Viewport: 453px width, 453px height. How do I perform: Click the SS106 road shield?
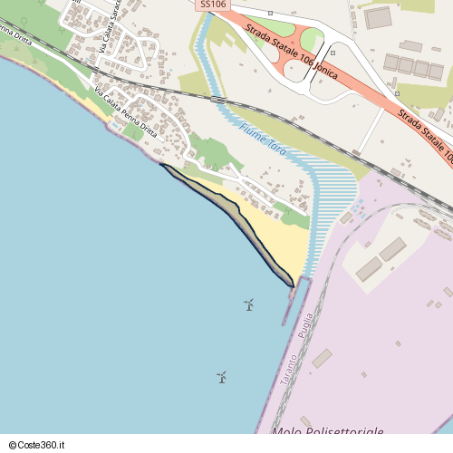tap(213, 5)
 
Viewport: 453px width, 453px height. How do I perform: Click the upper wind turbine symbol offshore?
tap(248, 304)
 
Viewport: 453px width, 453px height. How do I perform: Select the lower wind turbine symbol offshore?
tap(221, 376)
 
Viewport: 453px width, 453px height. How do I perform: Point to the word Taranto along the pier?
tap(289, 371)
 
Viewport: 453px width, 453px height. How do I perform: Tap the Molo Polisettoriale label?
tap(327, 432)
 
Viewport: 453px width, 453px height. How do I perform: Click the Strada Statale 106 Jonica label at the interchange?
tap(291, 51)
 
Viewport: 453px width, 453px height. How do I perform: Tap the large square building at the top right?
tap(378, 17)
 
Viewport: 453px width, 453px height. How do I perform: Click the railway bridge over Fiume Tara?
tap(217, 98)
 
